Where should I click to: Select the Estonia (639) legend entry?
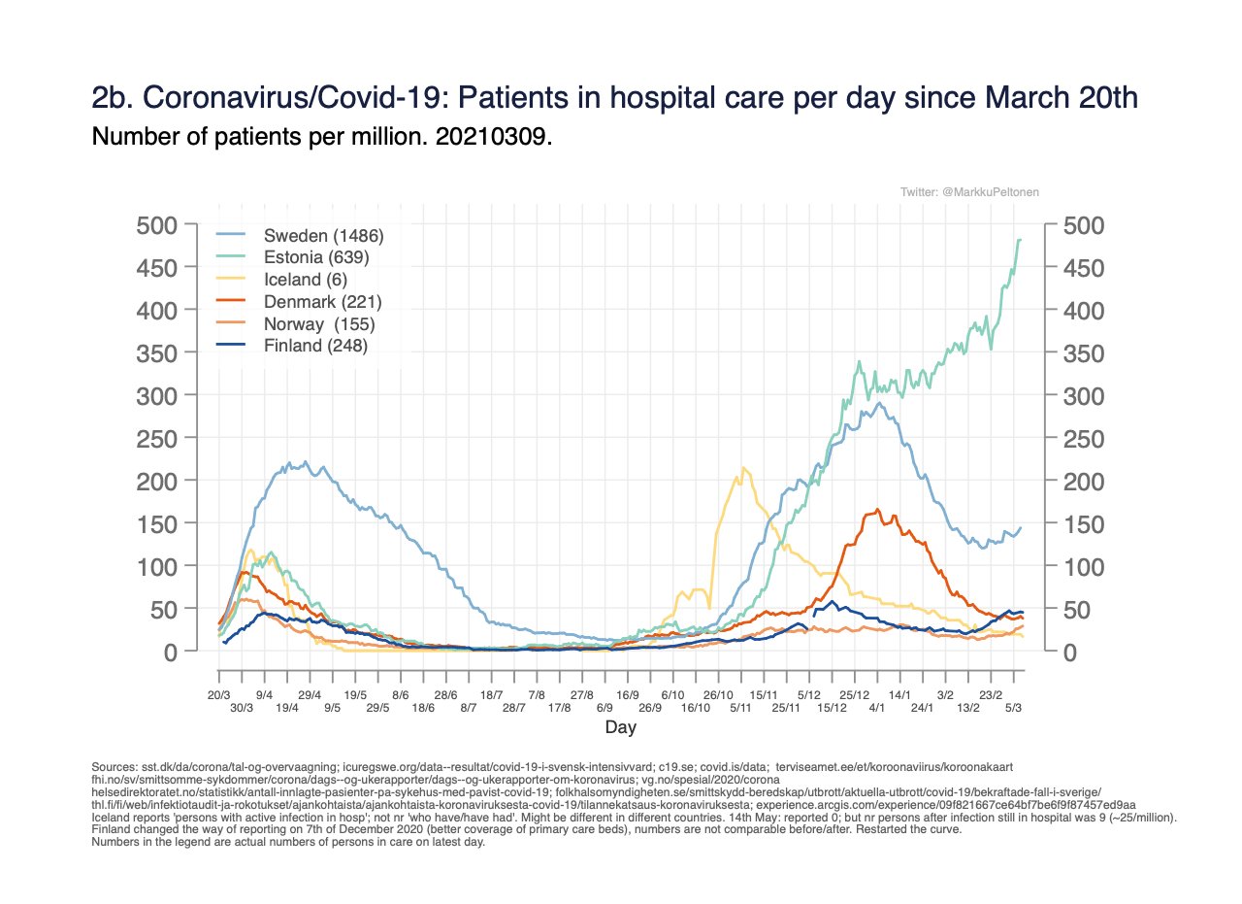tap(316, 257)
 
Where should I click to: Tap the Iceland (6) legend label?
tap(307, 279)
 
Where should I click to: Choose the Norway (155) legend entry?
tap(319, 322)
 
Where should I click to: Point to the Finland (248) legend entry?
tap(315, 345)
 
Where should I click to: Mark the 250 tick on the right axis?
tap(1084, 439)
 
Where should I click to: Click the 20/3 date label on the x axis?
tap(219, 695)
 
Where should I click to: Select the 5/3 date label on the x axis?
tap(1014, 708)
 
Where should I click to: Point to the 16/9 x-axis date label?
tap(628, 695)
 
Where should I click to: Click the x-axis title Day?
tap(620, 727)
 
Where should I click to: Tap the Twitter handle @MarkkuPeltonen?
tap(970, 192)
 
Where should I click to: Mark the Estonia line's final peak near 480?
tap(1019, 239)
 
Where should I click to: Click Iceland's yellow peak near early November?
tap(743, 468)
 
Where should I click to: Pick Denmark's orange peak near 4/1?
tap(877, 509)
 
